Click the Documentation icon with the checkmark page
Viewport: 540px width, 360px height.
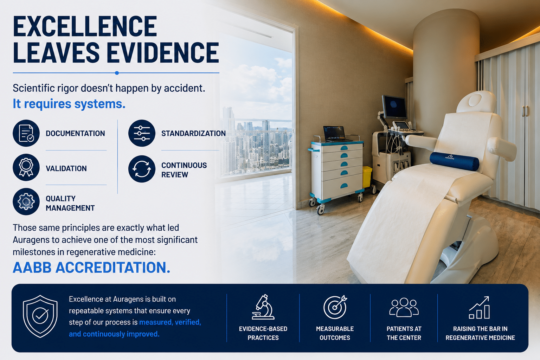pyautogui.click(x=26, y=133)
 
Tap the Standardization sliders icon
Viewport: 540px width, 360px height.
pyautogui.click(x=142, y=133)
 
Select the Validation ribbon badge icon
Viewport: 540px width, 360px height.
pyautogui.click(x=26, y=167)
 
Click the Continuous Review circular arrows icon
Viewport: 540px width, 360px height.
pyautogui.click(x=142, y=168)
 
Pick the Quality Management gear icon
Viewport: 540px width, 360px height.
pyautogui.click(x=26, y=201)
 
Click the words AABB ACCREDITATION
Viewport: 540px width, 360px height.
pyautogui.click(x=91, y=268)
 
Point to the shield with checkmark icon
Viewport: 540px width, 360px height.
pyautogui.click(x=40, y=316)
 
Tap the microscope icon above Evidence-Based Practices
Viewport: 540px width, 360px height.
pyautogui.click(x=263, y=307)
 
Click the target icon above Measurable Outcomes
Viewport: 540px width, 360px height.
pyautogui.click(x=335, y=307)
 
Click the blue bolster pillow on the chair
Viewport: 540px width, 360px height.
pyautogui.click(x=454, y=161)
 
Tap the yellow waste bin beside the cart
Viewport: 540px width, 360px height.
pyautogui.click(x=367, y=177)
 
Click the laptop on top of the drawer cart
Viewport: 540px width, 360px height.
pyautogui.click(x=335, y=134)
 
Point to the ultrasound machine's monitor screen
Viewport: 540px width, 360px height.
pyautogui.click(x=394, y=106)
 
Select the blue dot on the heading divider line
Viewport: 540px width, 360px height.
pyautogui.click(x=117, y=73)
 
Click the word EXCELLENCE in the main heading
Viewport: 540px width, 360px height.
pyautogui.click(x=85, y=26)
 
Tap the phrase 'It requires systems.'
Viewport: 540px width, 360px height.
pyautogui.click(x=69, y=104)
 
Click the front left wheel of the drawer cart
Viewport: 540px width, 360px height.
pyautogui.click(x=320, y=210)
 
